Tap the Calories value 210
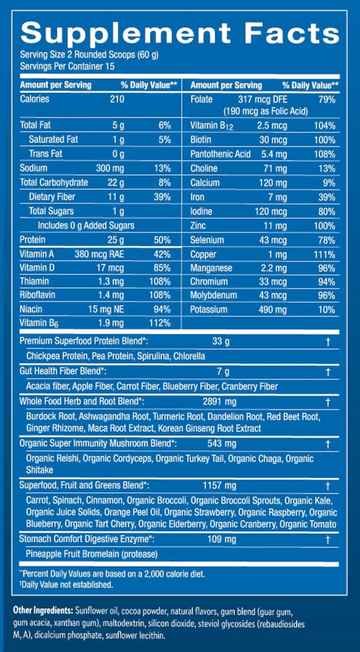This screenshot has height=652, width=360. [117, 99]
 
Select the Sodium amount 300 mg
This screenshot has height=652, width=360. [110, 168]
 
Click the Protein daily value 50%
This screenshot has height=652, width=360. [162, 240]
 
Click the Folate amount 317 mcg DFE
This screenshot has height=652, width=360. [263, 100]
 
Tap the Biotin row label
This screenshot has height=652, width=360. [201, 140]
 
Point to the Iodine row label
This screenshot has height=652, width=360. [201, 211]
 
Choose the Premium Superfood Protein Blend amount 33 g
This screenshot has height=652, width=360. [220, 342]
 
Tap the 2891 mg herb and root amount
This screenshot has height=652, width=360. [220, 402]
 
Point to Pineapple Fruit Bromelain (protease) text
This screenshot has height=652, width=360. [91, 554]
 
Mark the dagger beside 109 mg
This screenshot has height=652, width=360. [328, 540]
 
